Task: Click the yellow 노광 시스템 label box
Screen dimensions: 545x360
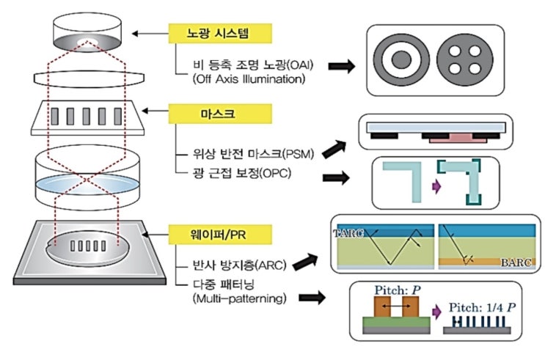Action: coord(220,33)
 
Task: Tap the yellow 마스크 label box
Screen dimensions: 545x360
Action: coord(220,114)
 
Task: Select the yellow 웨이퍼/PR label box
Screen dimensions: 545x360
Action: coord(220,235)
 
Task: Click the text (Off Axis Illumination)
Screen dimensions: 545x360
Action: coord(249,79)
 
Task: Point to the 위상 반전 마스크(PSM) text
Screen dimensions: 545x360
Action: coord(253,153)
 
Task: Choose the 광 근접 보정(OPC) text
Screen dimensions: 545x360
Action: coord(242,173)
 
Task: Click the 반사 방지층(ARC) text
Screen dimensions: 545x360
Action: coord(239,265)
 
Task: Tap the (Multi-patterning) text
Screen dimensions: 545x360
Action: coord(239,298)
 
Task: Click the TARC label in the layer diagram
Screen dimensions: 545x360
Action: coord(348,233)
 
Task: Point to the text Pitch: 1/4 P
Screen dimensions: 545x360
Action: coord(482,307)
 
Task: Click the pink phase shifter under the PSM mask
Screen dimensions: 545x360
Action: coord(458,138)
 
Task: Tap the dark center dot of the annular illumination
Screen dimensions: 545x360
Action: coord(401,60)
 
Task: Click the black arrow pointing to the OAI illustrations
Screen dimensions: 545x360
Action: coord(342,66)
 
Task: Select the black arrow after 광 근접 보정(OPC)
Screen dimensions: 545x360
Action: coord(336,178)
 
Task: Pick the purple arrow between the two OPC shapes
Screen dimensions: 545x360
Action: coord(436,187)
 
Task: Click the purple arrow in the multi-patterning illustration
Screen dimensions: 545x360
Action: coord(436,312)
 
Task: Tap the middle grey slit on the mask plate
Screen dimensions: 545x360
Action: coord(87,117)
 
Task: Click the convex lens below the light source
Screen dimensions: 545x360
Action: coord(89,78)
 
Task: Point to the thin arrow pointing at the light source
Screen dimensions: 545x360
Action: coord(150,34)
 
